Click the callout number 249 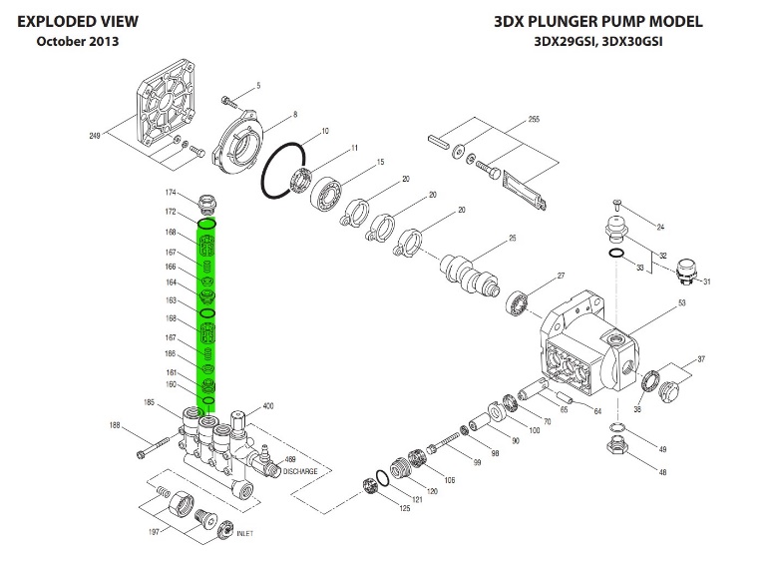click(x=95, y=135)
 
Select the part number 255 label click(x=534, y=120)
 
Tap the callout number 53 click(x=683, y=301)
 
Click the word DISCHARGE click(x=300, y=470)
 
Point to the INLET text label click(x=244, y=534)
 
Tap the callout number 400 click(x=267, y=406)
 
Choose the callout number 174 click(x=171, y=192)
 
